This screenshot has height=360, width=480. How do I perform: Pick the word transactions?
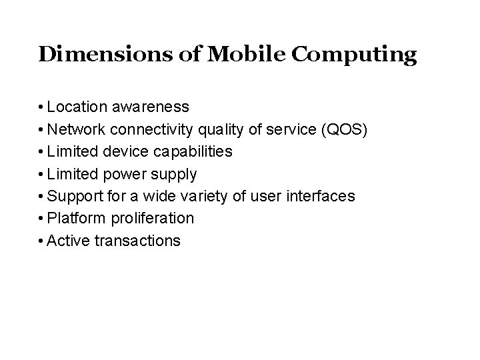coord(138,240)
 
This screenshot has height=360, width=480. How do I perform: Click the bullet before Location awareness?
coord(41,107)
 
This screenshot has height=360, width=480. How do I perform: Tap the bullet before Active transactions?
coord(41,240)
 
